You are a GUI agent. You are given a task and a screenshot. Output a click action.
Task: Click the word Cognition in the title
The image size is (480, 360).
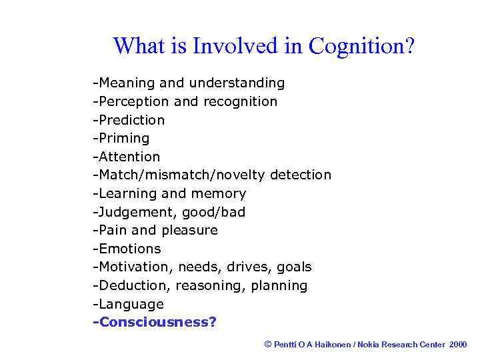pos(361,47)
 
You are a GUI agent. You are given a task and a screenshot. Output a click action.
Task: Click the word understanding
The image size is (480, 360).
pos(237,83)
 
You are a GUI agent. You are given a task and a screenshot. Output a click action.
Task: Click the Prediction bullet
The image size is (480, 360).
pos(129,120)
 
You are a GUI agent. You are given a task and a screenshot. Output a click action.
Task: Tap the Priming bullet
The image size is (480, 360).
pos(121,138)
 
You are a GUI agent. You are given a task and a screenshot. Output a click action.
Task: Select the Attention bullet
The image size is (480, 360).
pos(127,157)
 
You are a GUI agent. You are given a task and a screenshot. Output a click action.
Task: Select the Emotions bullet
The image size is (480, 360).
pos(127,249)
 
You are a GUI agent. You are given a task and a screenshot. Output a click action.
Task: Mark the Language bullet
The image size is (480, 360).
pos(129,304)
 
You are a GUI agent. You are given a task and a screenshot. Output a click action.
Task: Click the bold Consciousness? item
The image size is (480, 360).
pos(155,323)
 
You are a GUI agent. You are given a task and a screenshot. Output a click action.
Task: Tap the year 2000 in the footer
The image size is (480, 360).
pos(459,344)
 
